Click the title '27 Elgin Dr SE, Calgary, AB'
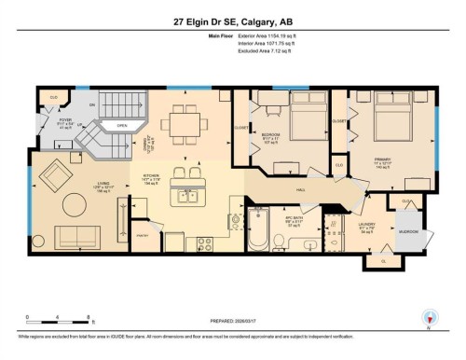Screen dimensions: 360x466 point(232,22)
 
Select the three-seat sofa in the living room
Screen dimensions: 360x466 point(78,235)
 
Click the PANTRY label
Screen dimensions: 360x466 point(144,237)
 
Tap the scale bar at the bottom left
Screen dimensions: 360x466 point(58,324)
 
